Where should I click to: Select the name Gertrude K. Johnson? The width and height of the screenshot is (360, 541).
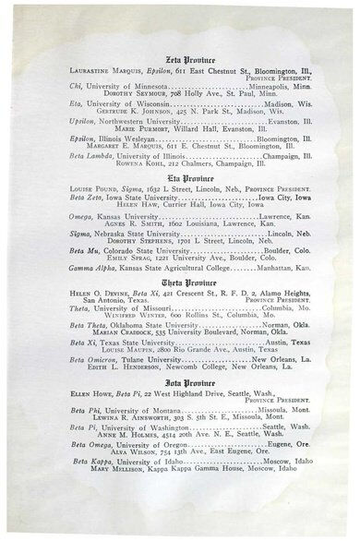point(135,112)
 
